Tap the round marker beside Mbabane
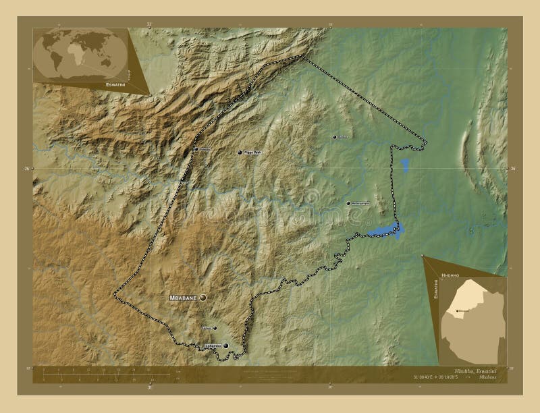(x=202, y=297)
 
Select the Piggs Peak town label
(x=252, y=153)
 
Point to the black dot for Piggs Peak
(x=240, y=153)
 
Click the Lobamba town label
(x=212, y=346)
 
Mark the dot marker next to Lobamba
(x=225, y=346)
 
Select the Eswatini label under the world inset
(x=114, y=85)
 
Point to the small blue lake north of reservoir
(x=404, y=165)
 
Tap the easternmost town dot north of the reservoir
(x=348, y=203)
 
